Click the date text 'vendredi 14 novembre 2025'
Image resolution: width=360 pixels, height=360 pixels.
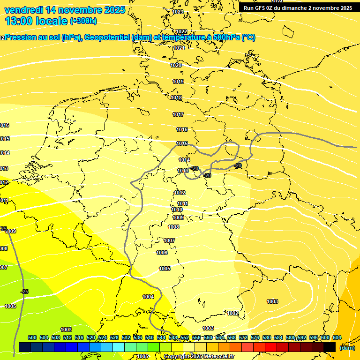pyautogui.click(x=65, y=10)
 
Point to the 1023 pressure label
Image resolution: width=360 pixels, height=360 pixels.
pyautogui.click(x=178, y=12)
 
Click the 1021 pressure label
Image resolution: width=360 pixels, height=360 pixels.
pyautogui.click(x=179, y=48)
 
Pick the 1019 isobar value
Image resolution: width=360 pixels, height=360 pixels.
pyautogui.click(x=178, y=82)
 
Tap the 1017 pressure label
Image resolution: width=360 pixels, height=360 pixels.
pyautogui.click(x=178, y=114)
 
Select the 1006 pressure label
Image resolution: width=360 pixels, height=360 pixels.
pyautogui.click(x=162, y=253)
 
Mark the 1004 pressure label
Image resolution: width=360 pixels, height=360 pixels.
pyautogui.click(x=148, y=297)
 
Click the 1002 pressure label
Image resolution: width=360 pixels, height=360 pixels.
pyautogui.click(x=232, y=313)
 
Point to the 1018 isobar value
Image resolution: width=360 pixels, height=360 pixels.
pyautogui.click(x=176, y=97)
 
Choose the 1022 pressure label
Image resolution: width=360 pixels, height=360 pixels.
pyautogui.click(x=181, y=31)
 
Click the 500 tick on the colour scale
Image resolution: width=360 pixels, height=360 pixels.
pyautogui.click(x=32, y=337)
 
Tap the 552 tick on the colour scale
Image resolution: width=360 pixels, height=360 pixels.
pyautogui.click(x=185, y=337)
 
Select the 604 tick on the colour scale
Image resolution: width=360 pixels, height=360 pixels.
pyautogui.click(x=337, y=337)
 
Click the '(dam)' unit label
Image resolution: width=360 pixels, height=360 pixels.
pyautogui.click(x=347, y=348)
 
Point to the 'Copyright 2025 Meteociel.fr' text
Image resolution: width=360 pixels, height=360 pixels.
pyautogui.click(x=199, y=356)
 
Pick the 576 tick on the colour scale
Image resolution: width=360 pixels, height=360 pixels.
pyautogui.click(x=255, y=337)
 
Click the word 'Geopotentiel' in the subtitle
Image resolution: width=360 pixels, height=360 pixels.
pyautogui.click(x=106, y=37)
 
